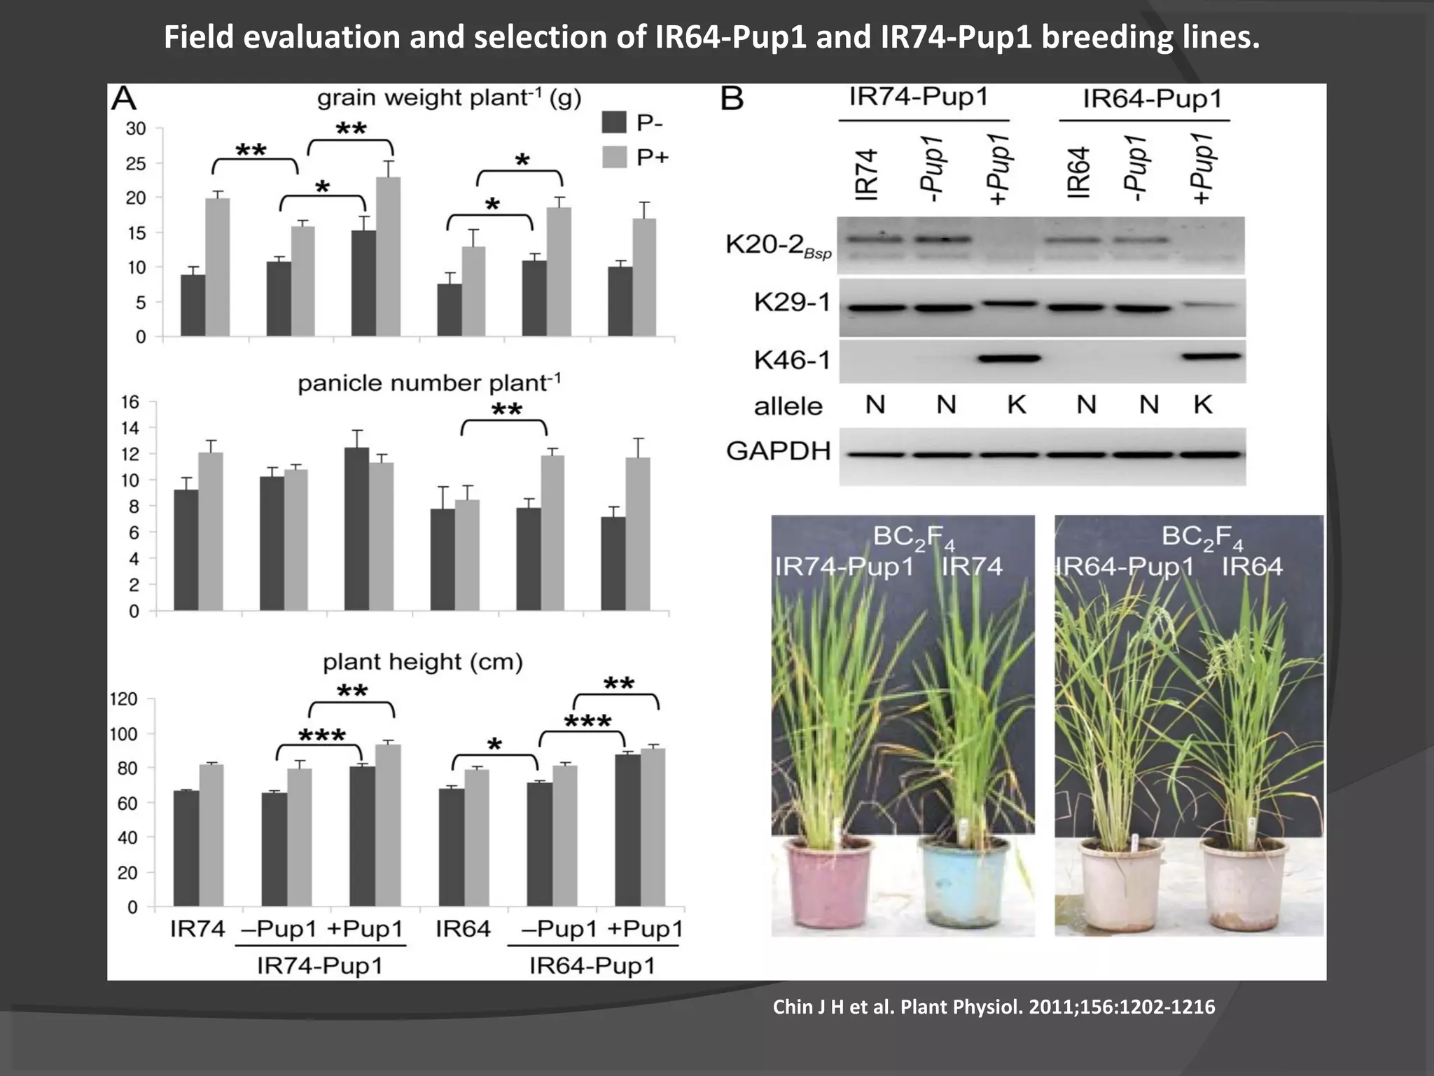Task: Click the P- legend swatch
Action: (x=614, y=123)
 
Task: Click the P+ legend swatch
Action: (x=614, y=158)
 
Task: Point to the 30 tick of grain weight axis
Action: (x=136, y=129)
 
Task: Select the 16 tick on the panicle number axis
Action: (x=130, y=402)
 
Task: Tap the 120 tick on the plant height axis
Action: (x=123, y=699)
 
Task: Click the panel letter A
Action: (x=125, y=99)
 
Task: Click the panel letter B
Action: (x=732, y=99)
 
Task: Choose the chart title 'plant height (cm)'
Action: (x=423, y=662)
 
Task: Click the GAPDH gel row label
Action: (x=778, y=451)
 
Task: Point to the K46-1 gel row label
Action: (x=792, y=360)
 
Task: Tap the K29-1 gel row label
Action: (x=792, y=303)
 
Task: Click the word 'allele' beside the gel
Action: (x=788, y=406)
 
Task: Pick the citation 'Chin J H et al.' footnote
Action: (x=994, y=1007)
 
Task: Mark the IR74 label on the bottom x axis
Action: (x=197, y=929)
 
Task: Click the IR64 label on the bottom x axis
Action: (x=463, y=929)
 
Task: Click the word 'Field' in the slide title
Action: (x=198, y=37)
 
